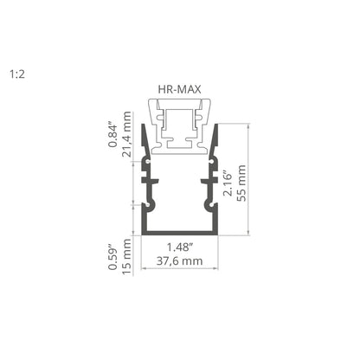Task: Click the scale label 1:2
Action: [17, 74]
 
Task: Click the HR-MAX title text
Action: [179, 89]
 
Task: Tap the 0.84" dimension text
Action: [112, 136]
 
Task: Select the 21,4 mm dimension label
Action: [126, 134]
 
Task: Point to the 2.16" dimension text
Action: [228, 184]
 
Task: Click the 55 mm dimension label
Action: [241, 183]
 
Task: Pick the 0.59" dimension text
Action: [112, 257]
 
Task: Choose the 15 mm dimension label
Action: [126, 257]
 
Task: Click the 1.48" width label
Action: [180, 247]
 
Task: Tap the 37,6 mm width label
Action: [179, 261]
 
